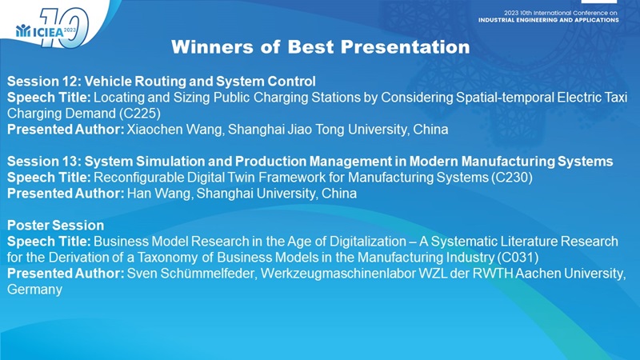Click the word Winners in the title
[212, 47]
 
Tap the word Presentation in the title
[406, 47]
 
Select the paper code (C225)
[140, 113]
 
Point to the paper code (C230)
[512, 177]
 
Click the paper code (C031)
[518, 257]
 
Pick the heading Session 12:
[44, 82]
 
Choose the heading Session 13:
[44, 162]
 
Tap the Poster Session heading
[55, 226]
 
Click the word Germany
[34, 290]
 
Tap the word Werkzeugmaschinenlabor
[338, 273]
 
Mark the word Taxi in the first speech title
[614, 97]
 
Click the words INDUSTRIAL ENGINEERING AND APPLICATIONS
[549, 19]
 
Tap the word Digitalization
[369, 242]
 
